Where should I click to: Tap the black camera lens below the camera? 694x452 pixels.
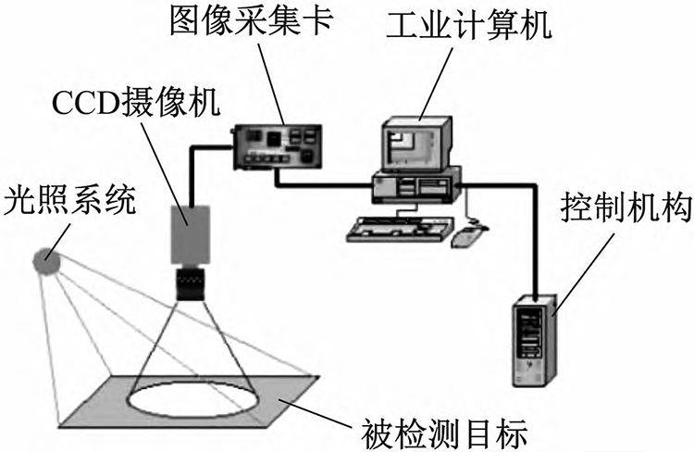[x=193, y=282]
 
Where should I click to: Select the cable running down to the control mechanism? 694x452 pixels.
[x=534, y=241]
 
